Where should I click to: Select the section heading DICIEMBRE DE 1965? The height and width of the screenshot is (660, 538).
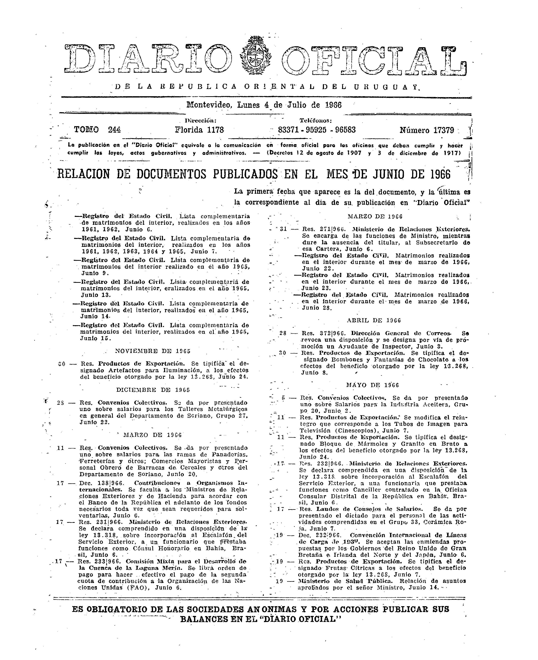coord(153,390)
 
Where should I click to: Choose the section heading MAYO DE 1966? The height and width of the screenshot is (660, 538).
coord(372,385)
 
